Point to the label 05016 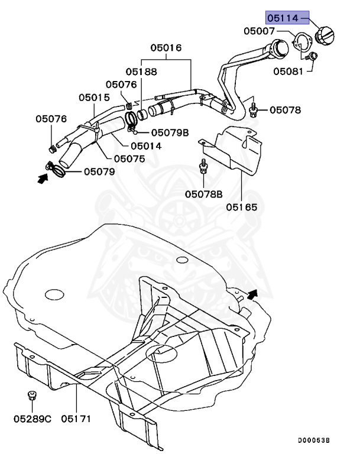tap(166, 47)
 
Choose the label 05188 tap(141, 72)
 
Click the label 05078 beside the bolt tap(286, 109)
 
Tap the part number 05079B tap(170, 132)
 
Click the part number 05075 tap(129, 158)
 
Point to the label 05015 tap(94, 97)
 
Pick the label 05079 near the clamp tap(99, 171)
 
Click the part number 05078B tap(204, 194)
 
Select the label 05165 tap(241, 207)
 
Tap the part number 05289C tap(33, 419)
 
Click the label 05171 tap(77, 419)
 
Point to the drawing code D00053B tap(313, 440)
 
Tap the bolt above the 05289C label tap(31, 395)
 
